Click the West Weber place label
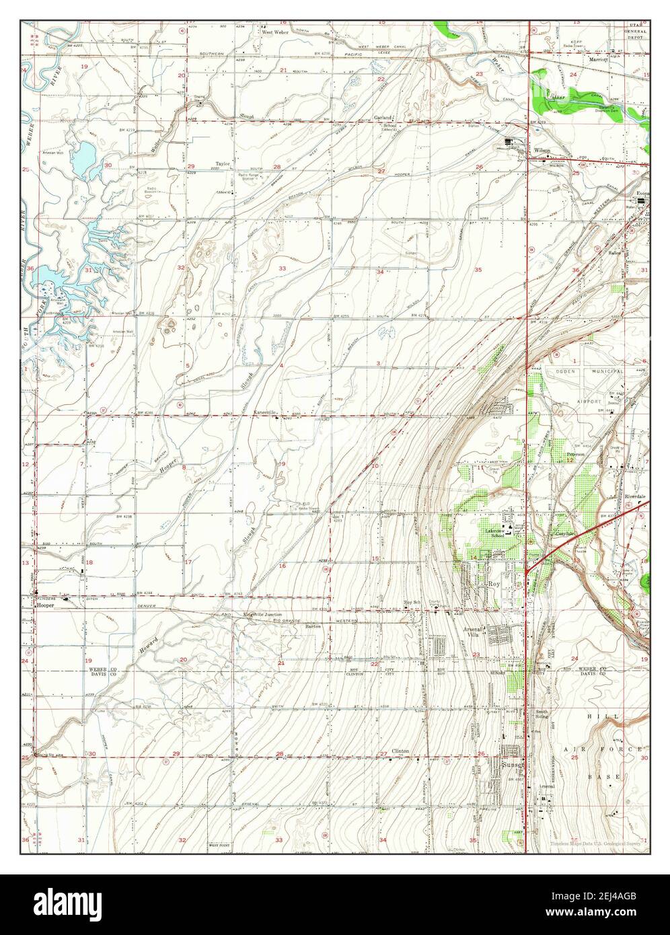click(275, 32)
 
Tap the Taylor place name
click(223, 163)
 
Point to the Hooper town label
click(45, 605)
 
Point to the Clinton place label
click(401, 751)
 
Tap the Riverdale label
click(634, 496)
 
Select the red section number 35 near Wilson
click(479, 270)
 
